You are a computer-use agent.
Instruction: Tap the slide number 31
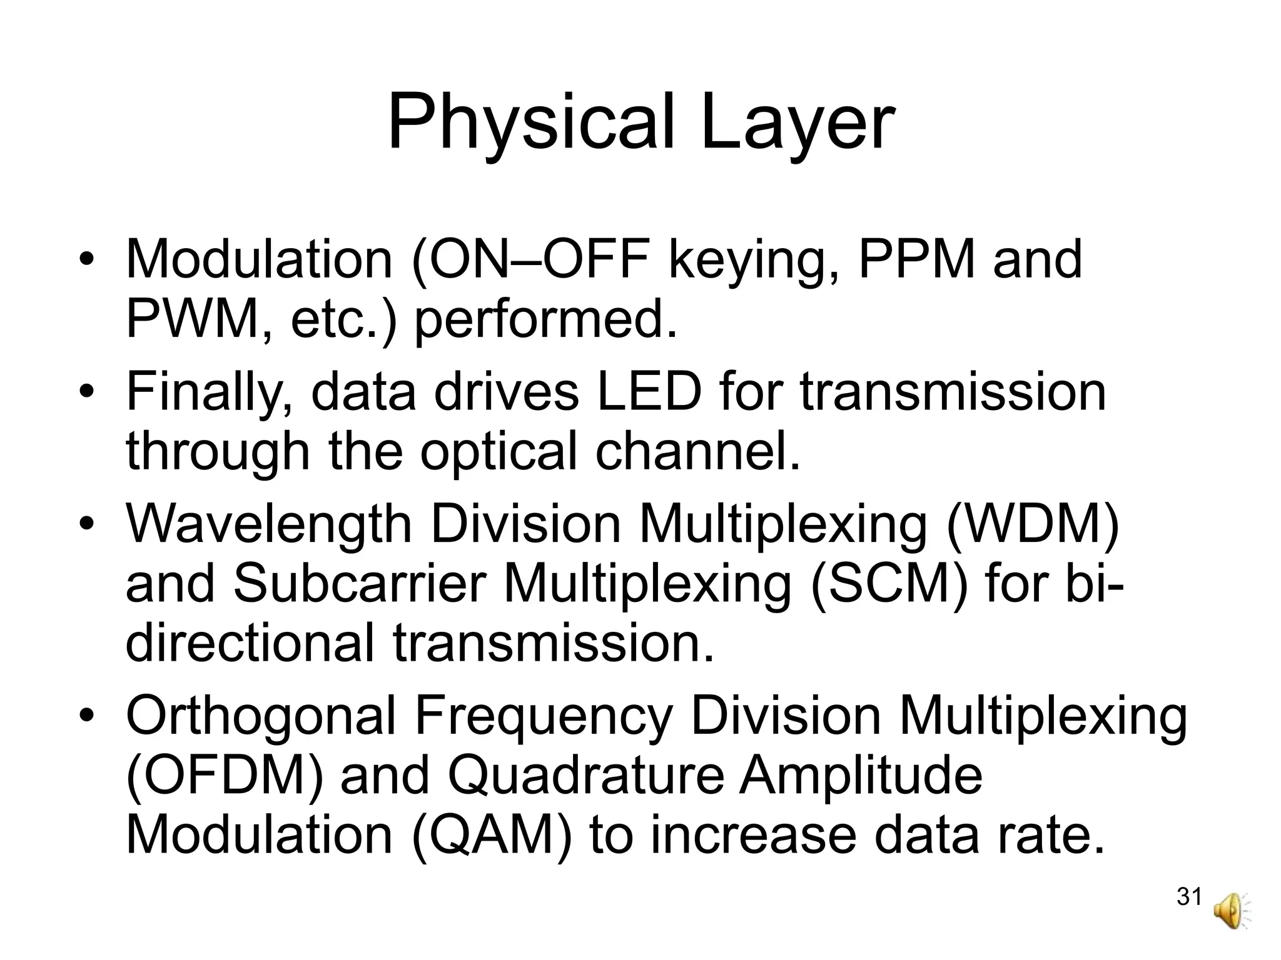[1188, 897]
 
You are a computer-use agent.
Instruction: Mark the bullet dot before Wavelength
[86, 524]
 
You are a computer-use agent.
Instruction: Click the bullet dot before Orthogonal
[86, 715]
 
